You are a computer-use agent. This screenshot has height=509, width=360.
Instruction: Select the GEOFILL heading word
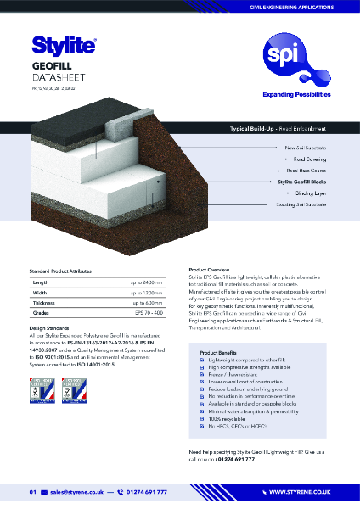(x=50, y=64)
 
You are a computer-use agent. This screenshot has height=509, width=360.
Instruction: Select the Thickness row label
(x=44, y=303)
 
